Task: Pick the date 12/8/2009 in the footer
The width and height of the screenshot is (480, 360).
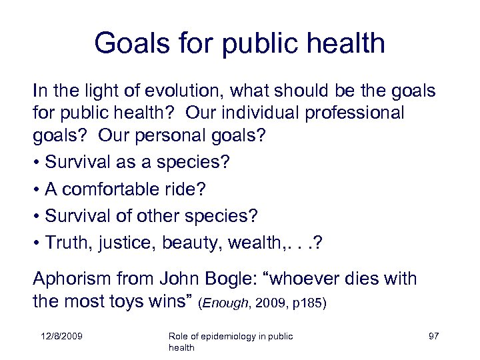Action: [x=61, y=336]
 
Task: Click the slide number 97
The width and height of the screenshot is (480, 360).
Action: [x=433, y=336]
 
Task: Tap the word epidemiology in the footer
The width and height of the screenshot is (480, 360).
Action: [x=229, y=336]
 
